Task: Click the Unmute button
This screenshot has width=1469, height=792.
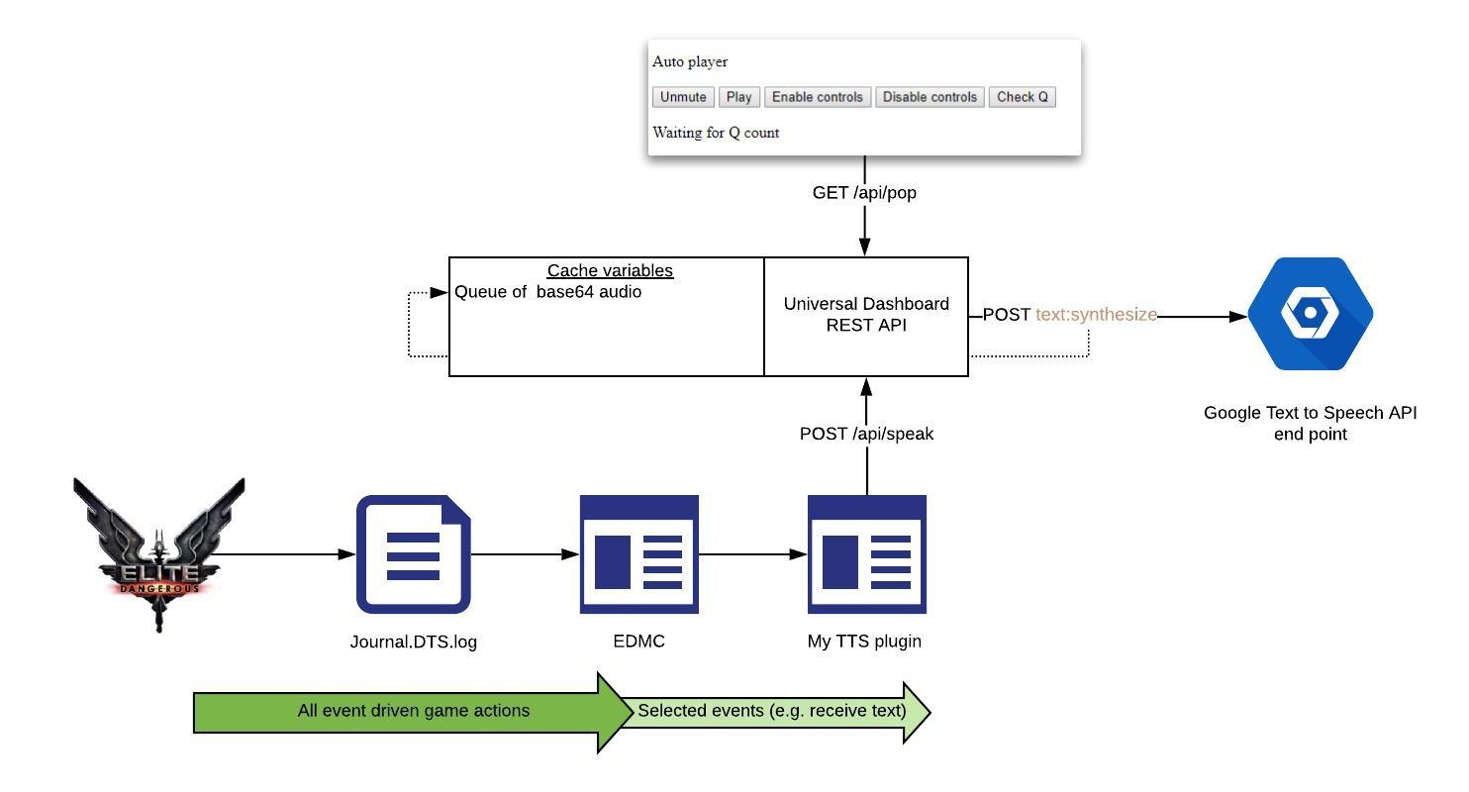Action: click(683, 97)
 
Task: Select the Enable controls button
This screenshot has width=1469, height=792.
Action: click(817, 97)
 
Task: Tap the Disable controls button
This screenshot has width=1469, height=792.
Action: click(930, 97)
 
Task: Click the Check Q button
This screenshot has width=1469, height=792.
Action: click(1022, 97)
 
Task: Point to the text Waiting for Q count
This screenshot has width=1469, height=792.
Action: click(716, 133)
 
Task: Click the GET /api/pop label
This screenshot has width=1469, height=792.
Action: click(864, 193)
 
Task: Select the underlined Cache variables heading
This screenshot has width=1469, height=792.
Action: click(610, 270)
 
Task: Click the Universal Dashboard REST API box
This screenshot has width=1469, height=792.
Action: click(866, 315)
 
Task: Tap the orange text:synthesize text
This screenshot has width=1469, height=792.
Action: click(1096, 315)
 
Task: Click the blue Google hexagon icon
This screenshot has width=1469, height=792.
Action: click(1310, 315)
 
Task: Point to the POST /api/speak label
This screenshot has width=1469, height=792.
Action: click(866, 434)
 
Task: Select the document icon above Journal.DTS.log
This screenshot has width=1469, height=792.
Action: click(413, 554)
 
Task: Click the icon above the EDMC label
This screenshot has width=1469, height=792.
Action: click(638, 554)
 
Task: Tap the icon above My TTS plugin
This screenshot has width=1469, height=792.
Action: click(866, 554)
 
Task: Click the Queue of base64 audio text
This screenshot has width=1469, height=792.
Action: click(547, 292)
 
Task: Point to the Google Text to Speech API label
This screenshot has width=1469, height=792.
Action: click(1310, 423)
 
